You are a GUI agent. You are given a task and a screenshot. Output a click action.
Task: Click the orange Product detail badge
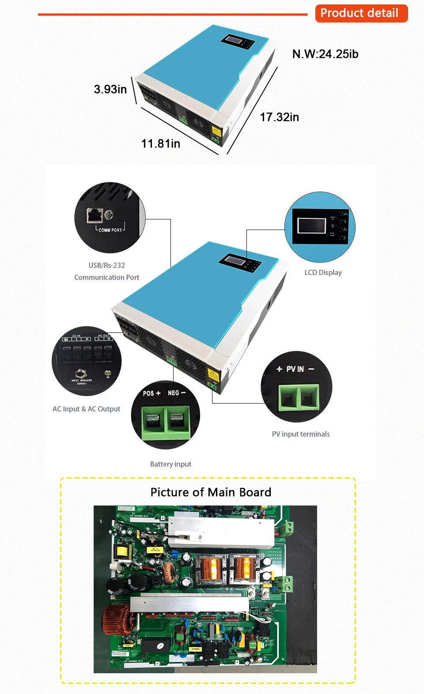(x=361, y=13)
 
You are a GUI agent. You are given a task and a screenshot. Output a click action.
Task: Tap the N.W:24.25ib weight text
(x=325, y=54)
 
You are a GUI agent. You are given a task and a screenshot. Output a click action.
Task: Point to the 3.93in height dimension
(x=110, y=89)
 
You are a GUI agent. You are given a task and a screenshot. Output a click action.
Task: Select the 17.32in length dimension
(x=279, y=117)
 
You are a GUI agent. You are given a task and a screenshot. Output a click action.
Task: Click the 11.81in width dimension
(x=160, y=143)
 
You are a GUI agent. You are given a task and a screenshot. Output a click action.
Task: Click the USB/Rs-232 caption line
(x=106, y=265)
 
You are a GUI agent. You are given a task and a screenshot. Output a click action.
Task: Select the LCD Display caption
(x=323, y=272)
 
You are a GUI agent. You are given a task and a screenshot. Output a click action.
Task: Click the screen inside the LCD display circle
(x=311, y=226)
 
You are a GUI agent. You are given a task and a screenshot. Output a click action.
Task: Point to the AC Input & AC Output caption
(x=86, y=409)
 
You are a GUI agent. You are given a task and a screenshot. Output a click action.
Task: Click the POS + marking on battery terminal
(x=151, y=393)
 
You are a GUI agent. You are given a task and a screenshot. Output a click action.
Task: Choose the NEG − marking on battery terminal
(x=176, y=393)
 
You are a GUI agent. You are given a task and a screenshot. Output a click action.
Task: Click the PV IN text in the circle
(x=295, y=369)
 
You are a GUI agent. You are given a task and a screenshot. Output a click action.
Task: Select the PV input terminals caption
(x=300, y=434)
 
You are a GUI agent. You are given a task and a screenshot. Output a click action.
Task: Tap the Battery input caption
(x=170, y=464)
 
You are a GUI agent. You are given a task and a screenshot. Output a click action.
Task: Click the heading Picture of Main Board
(x=211, y=492)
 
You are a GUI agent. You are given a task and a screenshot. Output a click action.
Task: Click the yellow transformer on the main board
(x=121, y=551)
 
